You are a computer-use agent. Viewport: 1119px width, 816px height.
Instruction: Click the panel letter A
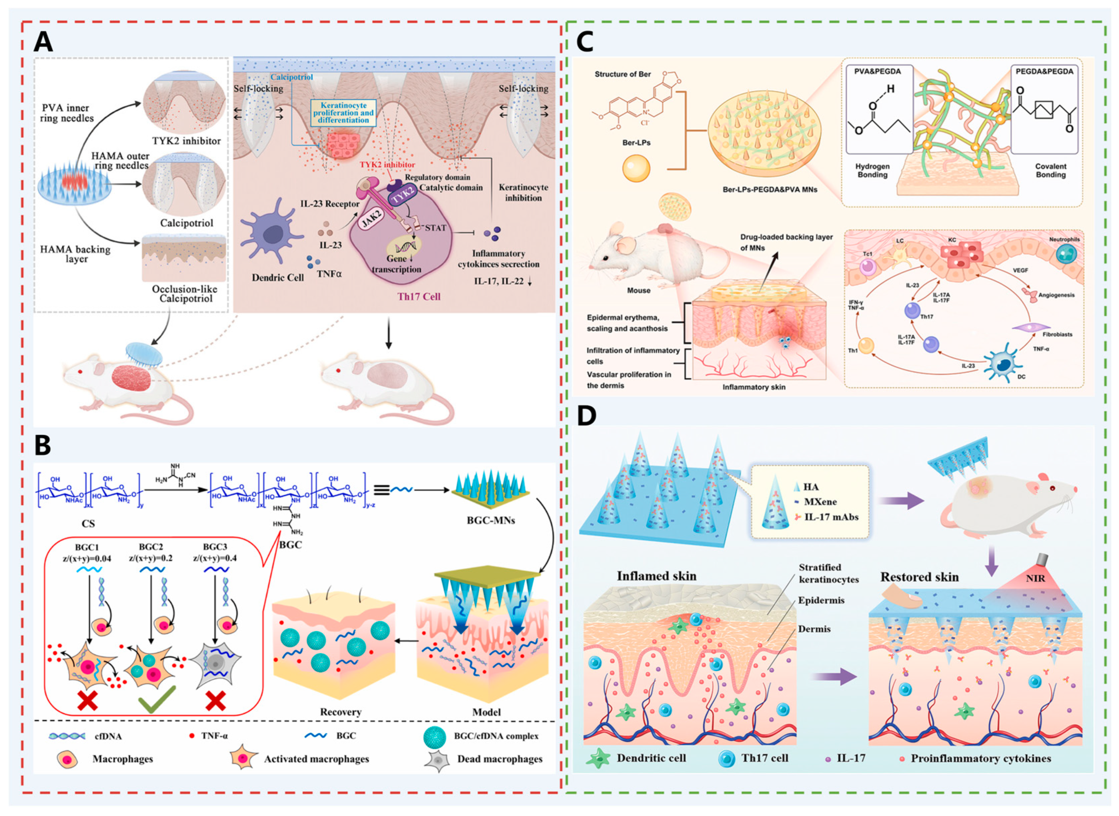[x=43, y=42]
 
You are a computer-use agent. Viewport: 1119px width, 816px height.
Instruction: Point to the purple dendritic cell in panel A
[x=271, y=235]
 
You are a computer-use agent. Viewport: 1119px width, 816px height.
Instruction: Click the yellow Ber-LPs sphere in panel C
[x=636, y=168]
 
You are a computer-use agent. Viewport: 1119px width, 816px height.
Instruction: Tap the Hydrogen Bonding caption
[x=872, y=170]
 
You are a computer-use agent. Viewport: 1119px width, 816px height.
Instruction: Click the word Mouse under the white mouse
[x=638, y=290]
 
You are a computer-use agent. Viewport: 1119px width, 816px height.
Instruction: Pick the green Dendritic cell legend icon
[x=598, y=758]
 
